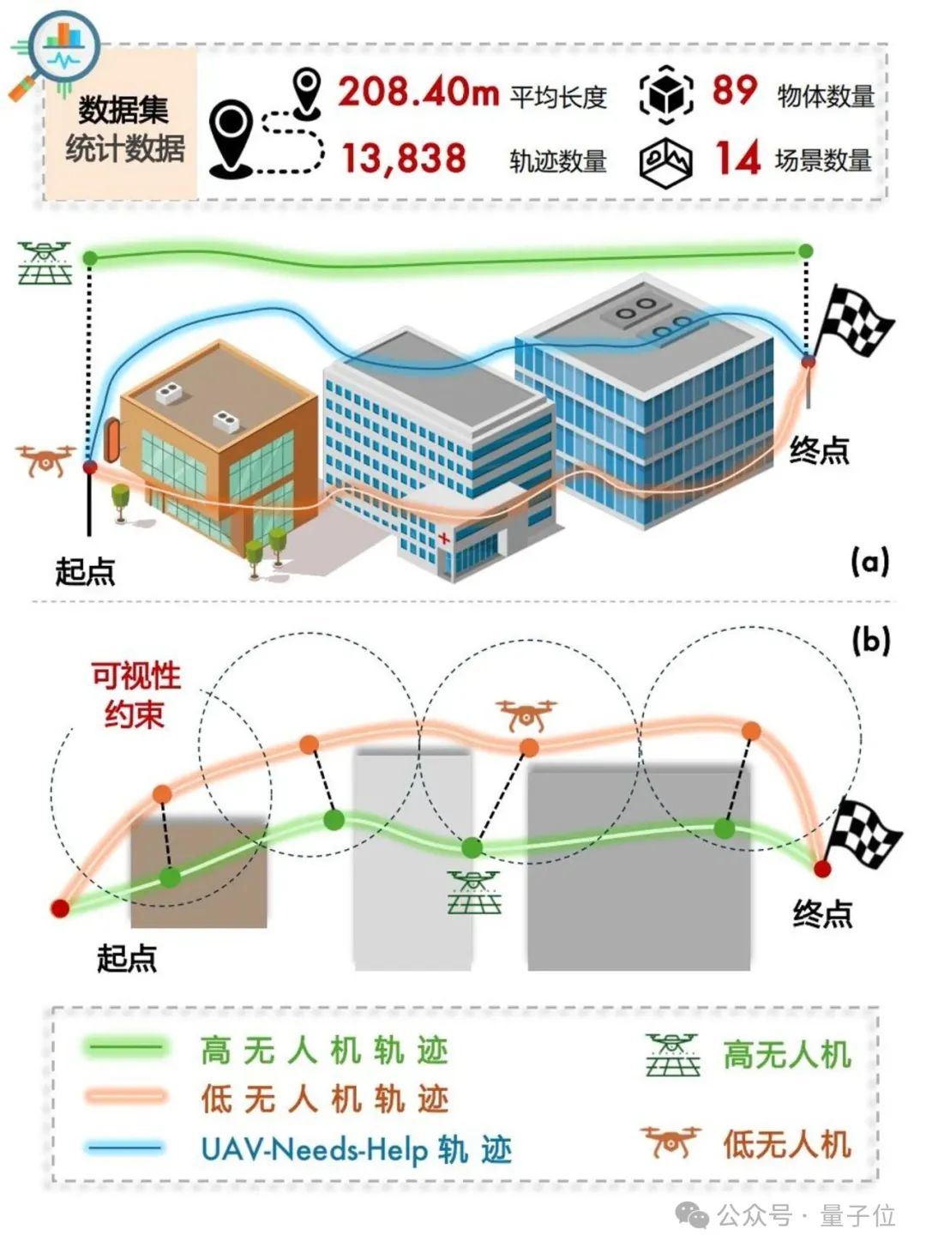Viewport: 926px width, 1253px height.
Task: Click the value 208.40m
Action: click(418, 93)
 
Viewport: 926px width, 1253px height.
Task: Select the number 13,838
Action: click(405, 158)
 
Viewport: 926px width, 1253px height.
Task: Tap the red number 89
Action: click(734, 89)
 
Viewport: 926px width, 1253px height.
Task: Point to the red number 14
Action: click(737, 158)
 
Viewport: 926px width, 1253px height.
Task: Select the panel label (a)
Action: click(869, 562)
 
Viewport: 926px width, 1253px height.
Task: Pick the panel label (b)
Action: click(870, 642)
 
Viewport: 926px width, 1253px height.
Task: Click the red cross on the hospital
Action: click(444, 539)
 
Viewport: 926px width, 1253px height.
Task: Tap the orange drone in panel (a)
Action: click(45, 459)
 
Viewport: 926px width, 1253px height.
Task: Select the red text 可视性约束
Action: click(135, 696)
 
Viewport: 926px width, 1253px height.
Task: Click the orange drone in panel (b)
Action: click(526, 715)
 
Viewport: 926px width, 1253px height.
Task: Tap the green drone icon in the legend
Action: click(673, 1053)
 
